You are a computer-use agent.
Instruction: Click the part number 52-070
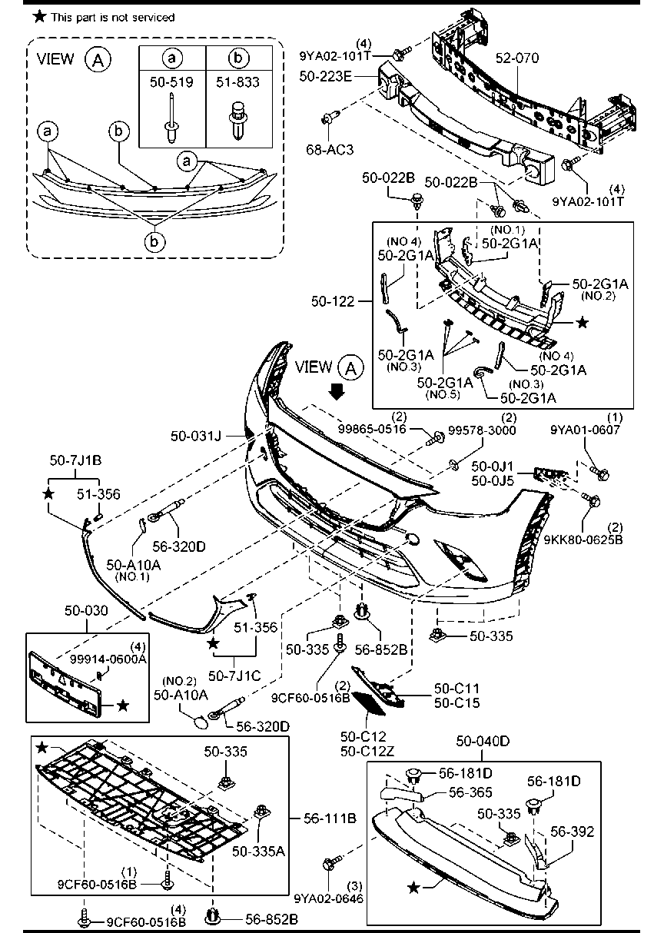click(x=517, y=58)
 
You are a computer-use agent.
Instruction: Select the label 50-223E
click(x=326, y=76)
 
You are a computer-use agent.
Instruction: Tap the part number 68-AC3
click(x=330, y=150)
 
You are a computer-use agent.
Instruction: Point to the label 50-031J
click(x=196, y=436)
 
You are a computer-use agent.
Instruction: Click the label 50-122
click(x=333, y=301)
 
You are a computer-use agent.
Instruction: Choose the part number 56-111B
click(x=330, y=818)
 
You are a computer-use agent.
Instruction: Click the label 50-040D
click(x=483, y=741)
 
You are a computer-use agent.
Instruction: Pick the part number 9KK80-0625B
click(x=583, y=540)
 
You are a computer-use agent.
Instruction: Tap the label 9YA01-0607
click(x=586, y=430)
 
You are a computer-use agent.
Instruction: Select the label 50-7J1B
click(x=75, y=460)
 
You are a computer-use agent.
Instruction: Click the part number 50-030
click(x=86, y=610)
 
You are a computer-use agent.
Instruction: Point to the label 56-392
click(x=572, y=831)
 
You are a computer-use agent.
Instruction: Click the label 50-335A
click(x=258, y=851)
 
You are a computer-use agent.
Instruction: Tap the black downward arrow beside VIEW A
click(x=337, y=392)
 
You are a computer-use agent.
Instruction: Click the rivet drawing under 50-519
click(x=171, y=118)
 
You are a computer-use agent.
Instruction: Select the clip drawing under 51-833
click(x=238, y=121)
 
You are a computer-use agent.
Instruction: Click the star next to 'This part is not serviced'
click(x=39, y=17)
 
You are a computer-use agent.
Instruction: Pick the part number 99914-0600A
click(x=108, y=659)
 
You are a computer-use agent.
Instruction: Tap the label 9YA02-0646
click(x=329, y=898)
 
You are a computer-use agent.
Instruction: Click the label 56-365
click(x=470, y=792)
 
